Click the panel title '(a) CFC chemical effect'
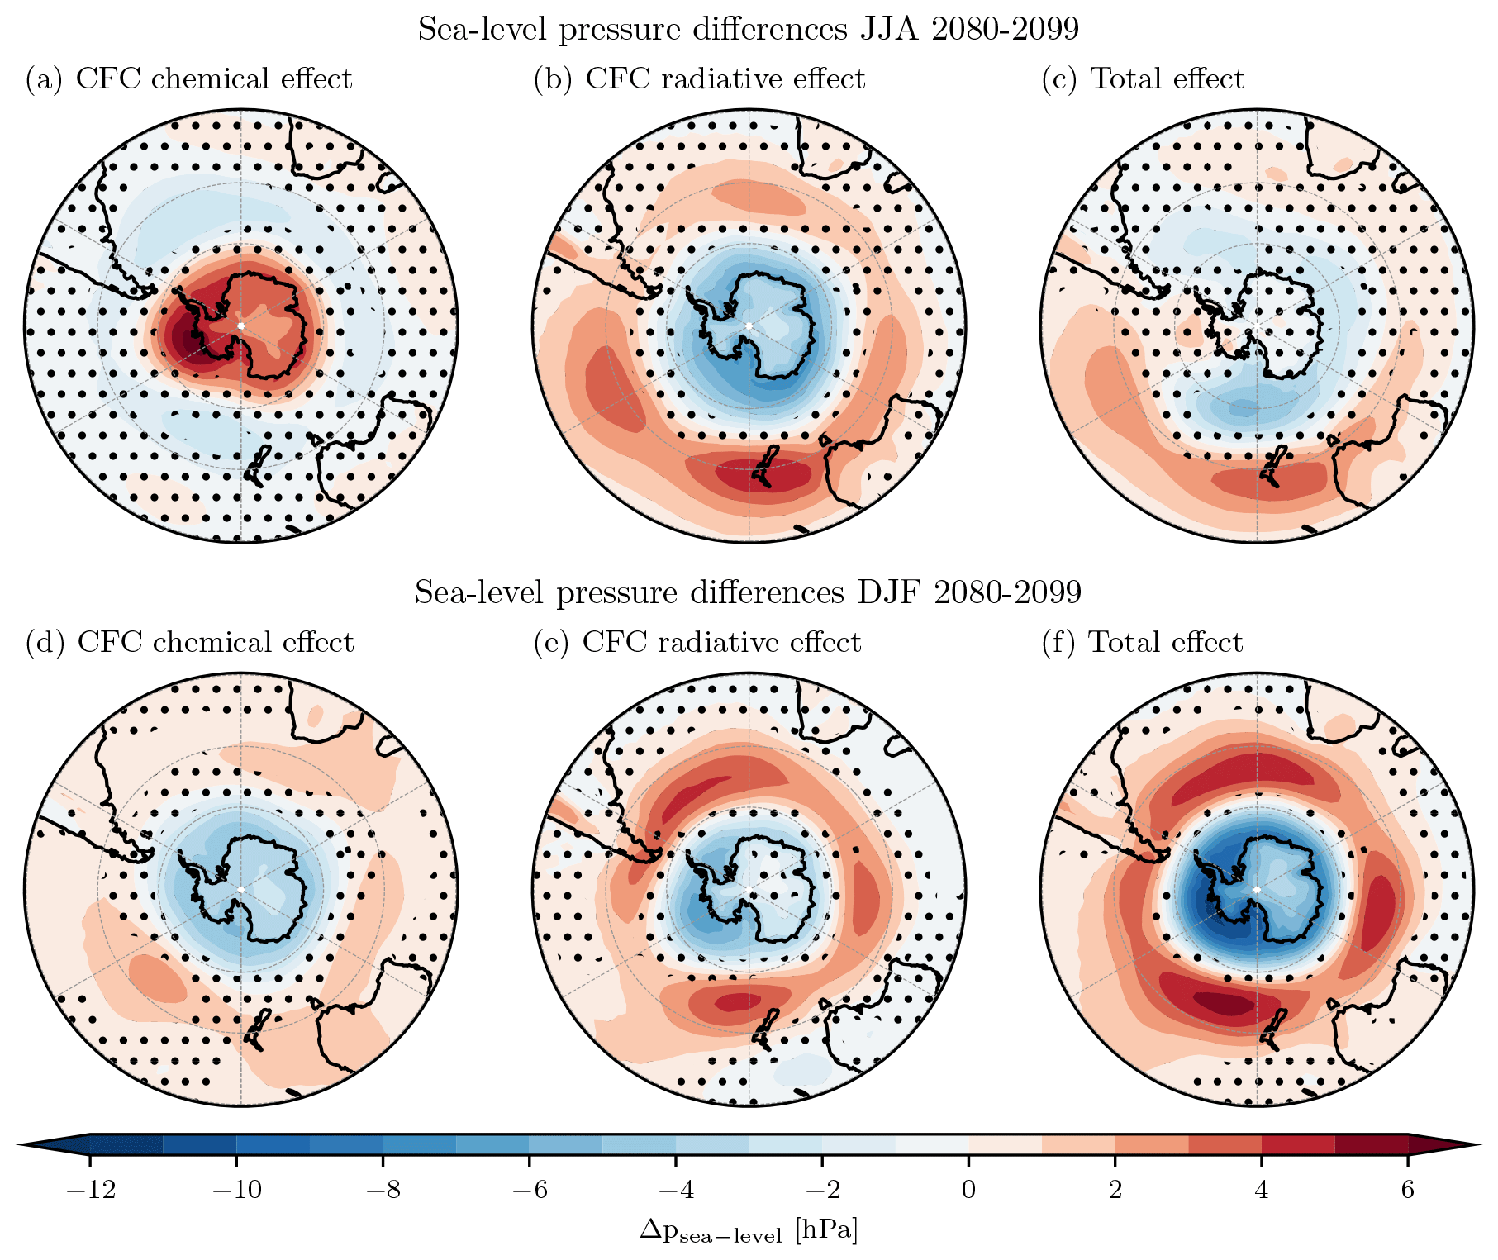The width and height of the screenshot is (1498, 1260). (188, 78)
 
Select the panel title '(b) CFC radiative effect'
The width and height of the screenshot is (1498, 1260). (699, 78)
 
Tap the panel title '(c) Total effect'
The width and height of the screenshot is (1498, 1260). (1143, 78)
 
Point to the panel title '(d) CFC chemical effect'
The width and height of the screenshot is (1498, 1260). (189, 642)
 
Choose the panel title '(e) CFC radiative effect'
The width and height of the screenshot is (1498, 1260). (697, 642)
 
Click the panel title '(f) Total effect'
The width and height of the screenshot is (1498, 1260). (1142, 642)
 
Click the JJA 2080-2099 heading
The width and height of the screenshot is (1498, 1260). (749, 29)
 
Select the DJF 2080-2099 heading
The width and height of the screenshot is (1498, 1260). (749, 592)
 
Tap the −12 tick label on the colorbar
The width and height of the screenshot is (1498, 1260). (89, 1190)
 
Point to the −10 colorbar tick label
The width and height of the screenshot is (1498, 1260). (236, 1190)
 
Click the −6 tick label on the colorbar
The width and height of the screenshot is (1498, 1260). (529, 1190)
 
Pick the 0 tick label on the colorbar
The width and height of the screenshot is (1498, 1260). (968, 1190)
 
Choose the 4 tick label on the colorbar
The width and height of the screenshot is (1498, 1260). (1262, 1190)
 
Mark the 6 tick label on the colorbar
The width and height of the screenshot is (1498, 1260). (1408, 1190)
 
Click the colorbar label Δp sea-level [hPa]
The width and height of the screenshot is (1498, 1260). (749, 1230)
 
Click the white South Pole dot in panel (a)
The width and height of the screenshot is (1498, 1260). (240, 326)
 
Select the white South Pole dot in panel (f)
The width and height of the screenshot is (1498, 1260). (1257, 889)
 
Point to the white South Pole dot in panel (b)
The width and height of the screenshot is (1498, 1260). (749, 326)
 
